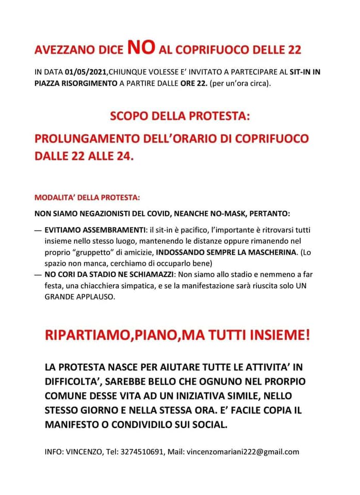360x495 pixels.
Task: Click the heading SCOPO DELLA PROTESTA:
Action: click(x=179, y=116)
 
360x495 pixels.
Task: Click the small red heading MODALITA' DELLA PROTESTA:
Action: click(x=87, y=197)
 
